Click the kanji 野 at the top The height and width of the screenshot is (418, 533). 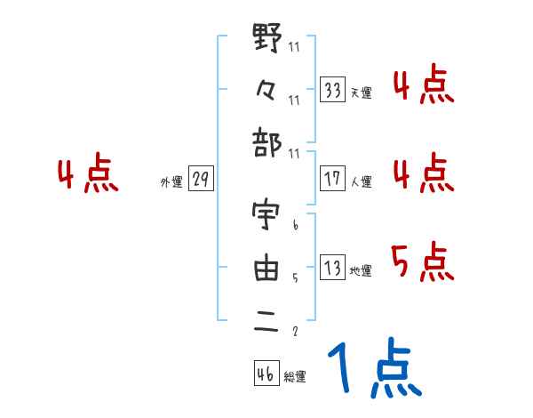click(x=266, y=41)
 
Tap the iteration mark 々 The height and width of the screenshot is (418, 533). click(x=266, y=89)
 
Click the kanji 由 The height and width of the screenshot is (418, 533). click(x=266, y=267)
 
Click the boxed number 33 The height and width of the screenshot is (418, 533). click(x=333, y=91)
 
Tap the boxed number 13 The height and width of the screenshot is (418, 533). click(x=333, y=268)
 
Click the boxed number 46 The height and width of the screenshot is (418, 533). click(x=266, y=374)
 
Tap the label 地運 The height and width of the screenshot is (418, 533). click(x=361, y=269)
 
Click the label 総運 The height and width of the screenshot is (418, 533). click(x=295, y=376)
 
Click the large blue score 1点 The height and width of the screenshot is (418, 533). click(x=374, y=369)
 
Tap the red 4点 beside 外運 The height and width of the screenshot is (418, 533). click(x=88, y=175)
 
